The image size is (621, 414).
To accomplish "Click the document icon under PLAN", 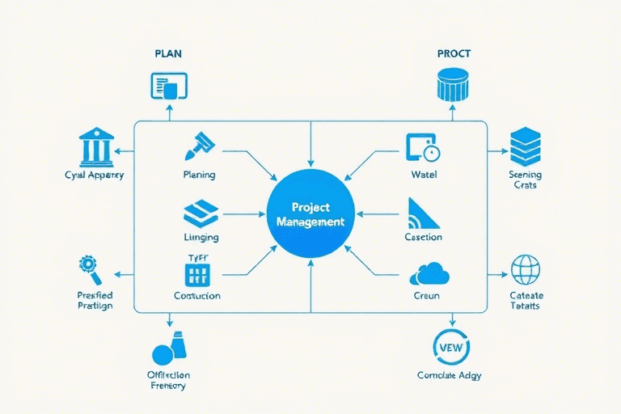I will click(x=169, y=86).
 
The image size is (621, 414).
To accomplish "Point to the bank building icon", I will click(x=96, y=146).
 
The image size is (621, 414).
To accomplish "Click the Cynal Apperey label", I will click(x=94, y=175).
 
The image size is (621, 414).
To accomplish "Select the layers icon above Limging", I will click(x=201, y=213).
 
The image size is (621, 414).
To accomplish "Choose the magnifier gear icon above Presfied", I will click(x=88, y=266).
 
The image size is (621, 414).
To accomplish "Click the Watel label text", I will click(x=423, y=175).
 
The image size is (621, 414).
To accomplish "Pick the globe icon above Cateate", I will click(x=526, y=269).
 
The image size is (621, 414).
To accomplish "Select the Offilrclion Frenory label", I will click(x=168, y=380).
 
